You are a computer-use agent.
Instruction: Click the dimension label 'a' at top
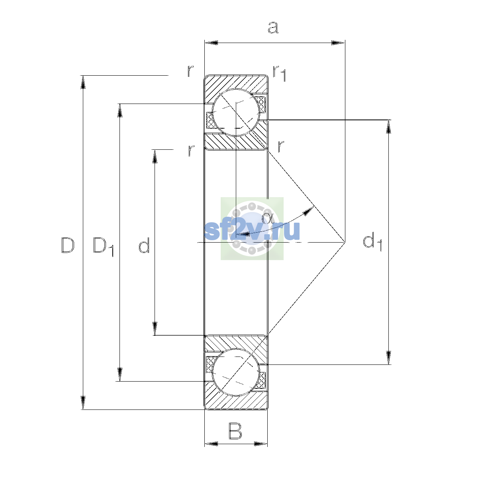pyautogui.click(x=273, y=27)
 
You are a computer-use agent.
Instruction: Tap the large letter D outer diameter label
pyautogui.click(x=68, y=245)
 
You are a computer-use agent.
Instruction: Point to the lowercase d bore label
pyautogui.click(x=144, y=245)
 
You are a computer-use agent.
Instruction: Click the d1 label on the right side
pyautogui.click(x=372, y=242)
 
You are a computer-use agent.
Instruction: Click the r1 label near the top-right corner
pyautogui.click(x=279, y=73)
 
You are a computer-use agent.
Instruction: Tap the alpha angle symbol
pyautogui.click(x=268, y=218)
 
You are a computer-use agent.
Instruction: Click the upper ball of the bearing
pyautogui.click(x=236, y=112)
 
